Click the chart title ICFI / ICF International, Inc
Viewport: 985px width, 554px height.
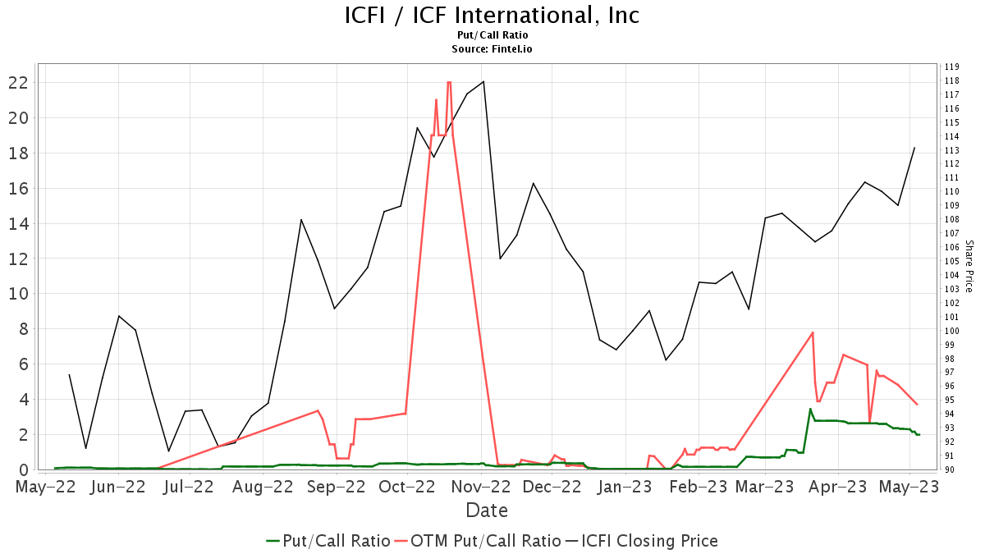click(x=492, y=15)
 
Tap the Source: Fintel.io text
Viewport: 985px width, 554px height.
click(x=492, y=49)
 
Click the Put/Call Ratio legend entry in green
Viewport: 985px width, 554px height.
click(x=328, y=541)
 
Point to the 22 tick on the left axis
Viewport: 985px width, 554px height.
click(x=18, y=82)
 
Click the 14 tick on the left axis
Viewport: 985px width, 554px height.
click(x=18, y=223)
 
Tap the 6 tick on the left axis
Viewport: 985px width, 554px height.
click(x=23, y=364)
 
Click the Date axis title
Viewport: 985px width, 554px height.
click(x=487, y=511)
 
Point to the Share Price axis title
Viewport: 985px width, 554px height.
click(x=969, y=266)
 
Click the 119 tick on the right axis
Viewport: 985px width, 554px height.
click(x=952, y=66)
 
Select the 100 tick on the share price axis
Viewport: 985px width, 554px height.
click(x=952, y=331)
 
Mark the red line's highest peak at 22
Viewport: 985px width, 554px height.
click(x=449, y=82)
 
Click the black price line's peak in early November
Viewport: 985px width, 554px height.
click(x=483, y=81)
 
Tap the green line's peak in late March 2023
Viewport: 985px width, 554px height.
click(x=810, y=409)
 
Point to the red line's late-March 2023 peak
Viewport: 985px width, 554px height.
click(x=813, y=332)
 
